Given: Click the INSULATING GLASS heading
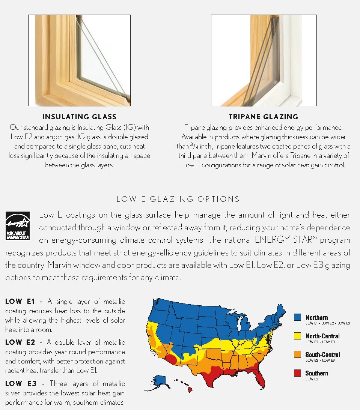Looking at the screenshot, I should click(79, 117).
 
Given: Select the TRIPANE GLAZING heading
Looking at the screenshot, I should click(264, 117).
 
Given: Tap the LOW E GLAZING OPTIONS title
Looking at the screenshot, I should click(178, 199).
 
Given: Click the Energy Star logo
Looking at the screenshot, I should click(17, 225).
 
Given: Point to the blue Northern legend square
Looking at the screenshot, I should click(297, 317).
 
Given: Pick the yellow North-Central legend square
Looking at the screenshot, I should click(297, 336).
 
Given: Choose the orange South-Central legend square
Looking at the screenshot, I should click(297, 354).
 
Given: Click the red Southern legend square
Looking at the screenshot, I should click(297, 373).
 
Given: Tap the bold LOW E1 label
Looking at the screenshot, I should click(20, 302).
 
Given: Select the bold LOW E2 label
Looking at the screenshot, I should click(20, 342).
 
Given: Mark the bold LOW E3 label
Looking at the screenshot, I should click(20, 383).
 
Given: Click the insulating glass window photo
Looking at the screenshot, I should click(79, 60).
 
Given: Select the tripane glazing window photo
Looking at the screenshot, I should click(264, 60).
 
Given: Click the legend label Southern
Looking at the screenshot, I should click(316, 373).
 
